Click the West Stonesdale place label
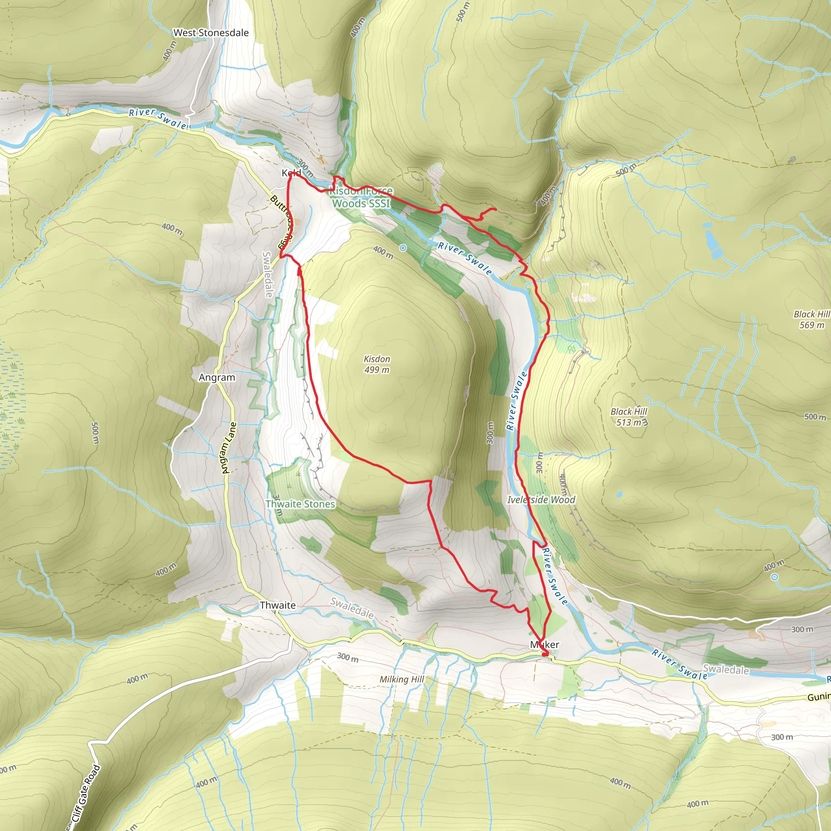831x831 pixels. pos(211,33)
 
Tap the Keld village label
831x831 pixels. pos(291,173)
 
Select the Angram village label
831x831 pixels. pos(217,377)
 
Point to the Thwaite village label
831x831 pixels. pos(278,605)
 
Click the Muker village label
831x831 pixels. pos(545,644)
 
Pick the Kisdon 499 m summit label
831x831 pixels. pos(377,364)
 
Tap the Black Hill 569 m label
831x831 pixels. pos(812,320)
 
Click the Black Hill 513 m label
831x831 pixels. pos(629,417)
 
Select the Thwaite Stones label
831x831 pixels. pos(300,504)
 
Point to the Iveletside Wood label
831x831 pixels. pos(541,499)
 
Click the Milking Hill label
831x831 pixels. pos(402,679)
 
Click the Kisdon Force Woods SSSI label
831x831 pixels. pos(361,197)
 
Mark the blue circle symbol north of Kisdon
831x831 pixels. pos(403,248)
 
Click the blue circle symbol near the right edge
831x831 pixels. pos(775,577)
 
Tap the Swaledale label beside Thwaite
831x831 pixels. pos(351,608)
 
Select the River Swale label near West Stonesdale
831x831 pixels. pos(159,119)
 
